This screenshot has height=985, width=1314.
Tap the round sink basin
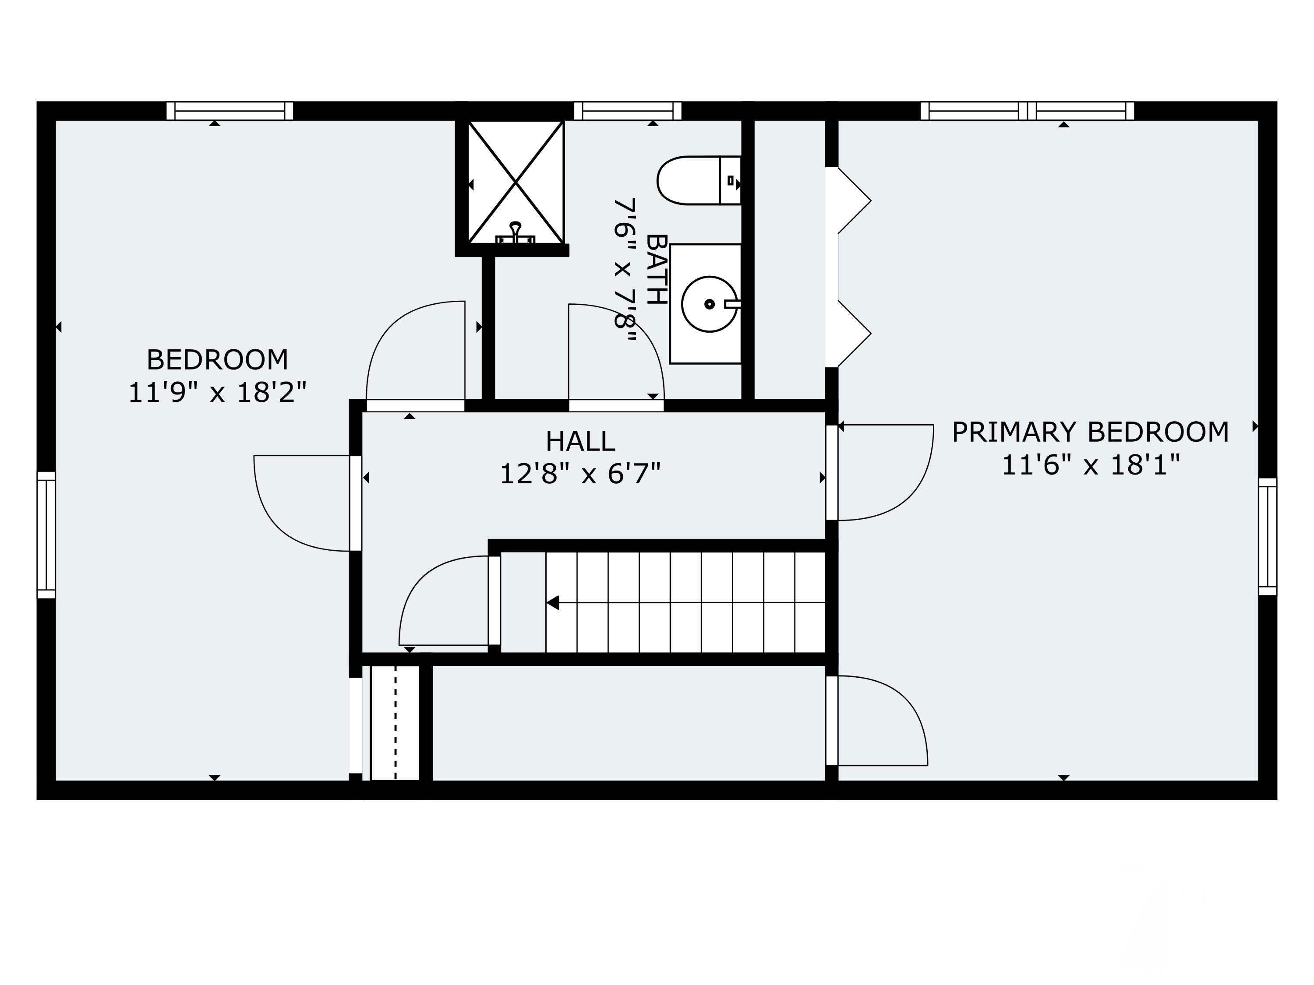(x=709, y=304)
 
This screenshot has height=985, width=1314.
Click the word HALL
(x=580, y=442)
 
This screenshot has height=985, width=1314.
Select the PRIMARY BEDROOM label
(x=1090, y=432)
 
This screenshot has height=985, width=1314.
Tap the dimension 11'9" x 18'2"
(x=217, y=392)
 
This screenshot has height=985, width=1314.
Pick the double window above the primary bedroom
(x=1027, y=111)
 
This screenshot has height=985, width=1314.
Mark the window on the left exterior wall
(x=46, y=535)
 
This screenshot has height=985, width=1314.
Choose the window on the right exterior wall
(x=1267, y=536)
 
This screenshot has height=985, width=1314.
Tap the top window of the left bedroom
(x=230, y=111)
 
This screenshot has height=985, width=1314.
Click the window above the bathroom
(x=627, y=111)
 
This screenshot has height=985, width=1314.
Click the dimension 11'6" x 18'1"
(x=1090, y=465)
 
